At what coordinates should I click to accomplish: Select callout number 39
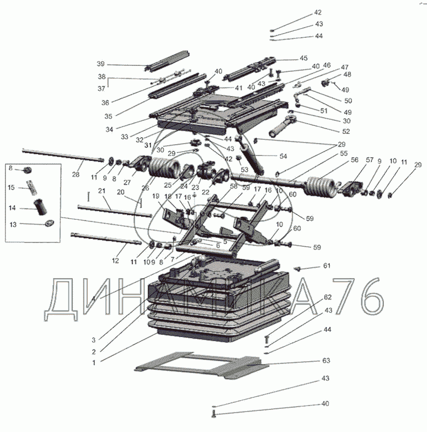(x=101, y=64)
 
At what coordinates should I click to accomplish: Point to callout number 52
(x=346, y=131)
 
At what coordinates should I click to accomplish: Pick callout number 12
(x=114, y=261)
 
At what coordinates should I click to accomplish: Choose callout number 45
(x=304, y=58)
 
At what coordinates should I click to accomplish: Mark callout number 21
(x=101, y=192)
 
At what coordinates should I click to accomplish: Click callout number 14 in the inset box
(x=11, y=208)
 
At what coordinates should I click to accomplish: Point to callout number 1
(x=93, y=363)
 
